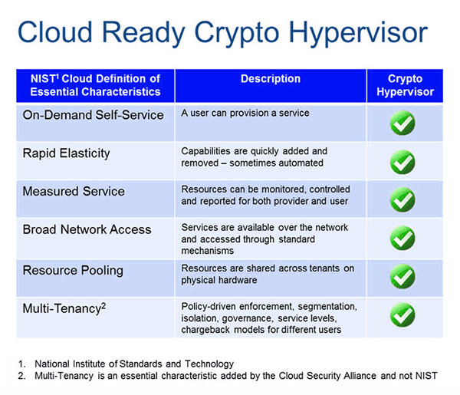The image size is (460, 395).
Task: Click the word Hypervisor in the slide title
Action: click(x=358, y=33)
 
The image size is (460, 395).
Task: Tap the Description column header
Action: click(x=271, y=79)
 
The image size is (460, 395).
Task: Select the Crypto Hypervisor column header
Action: click(x=405, y=85)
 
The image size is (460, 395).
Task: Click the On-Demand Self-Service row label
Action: click(x=93, y=115)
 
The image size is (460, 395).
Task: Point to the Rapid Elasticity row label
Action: click(x=66, y=153)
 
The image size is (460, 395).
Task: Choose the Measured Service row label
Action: click(x=74, y=191)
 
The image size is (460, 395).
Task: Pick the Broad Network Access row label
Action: click(x=87, y=229)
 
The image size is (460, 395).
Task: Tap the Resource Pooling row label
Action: click(x=73, y=271)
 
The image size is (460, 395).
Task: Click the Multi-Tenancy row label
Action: click(x=64, y=309)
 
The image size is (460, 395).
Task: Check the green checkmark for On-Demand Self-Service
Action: click(x=402, y=123)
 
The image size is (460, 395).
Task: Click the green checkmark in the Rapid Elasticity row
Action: click(x=402, y=162)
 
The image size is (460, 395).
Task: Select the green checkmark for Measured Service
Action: click(x=402, y=199)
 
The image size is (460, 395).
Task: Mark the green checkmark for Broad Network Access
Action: click(x=402, y=238)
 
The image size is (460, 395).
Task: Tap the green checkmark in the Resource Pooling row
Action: click(x=402, y=276)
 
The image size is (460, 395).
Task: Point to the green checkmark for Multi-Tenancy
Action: click(x=402, y=315)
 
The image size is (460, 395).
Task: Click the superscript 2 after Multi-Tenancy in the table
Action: click(x=103, y=306)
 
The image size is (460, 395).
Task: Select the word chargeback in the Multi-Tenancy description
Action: click(x=205, y=330)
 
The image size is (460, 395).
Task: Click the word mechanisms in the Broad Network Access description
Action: click(x=208, y=251)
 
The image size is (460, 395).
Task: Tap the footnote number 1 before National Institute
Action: click(x=21, y=364)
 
